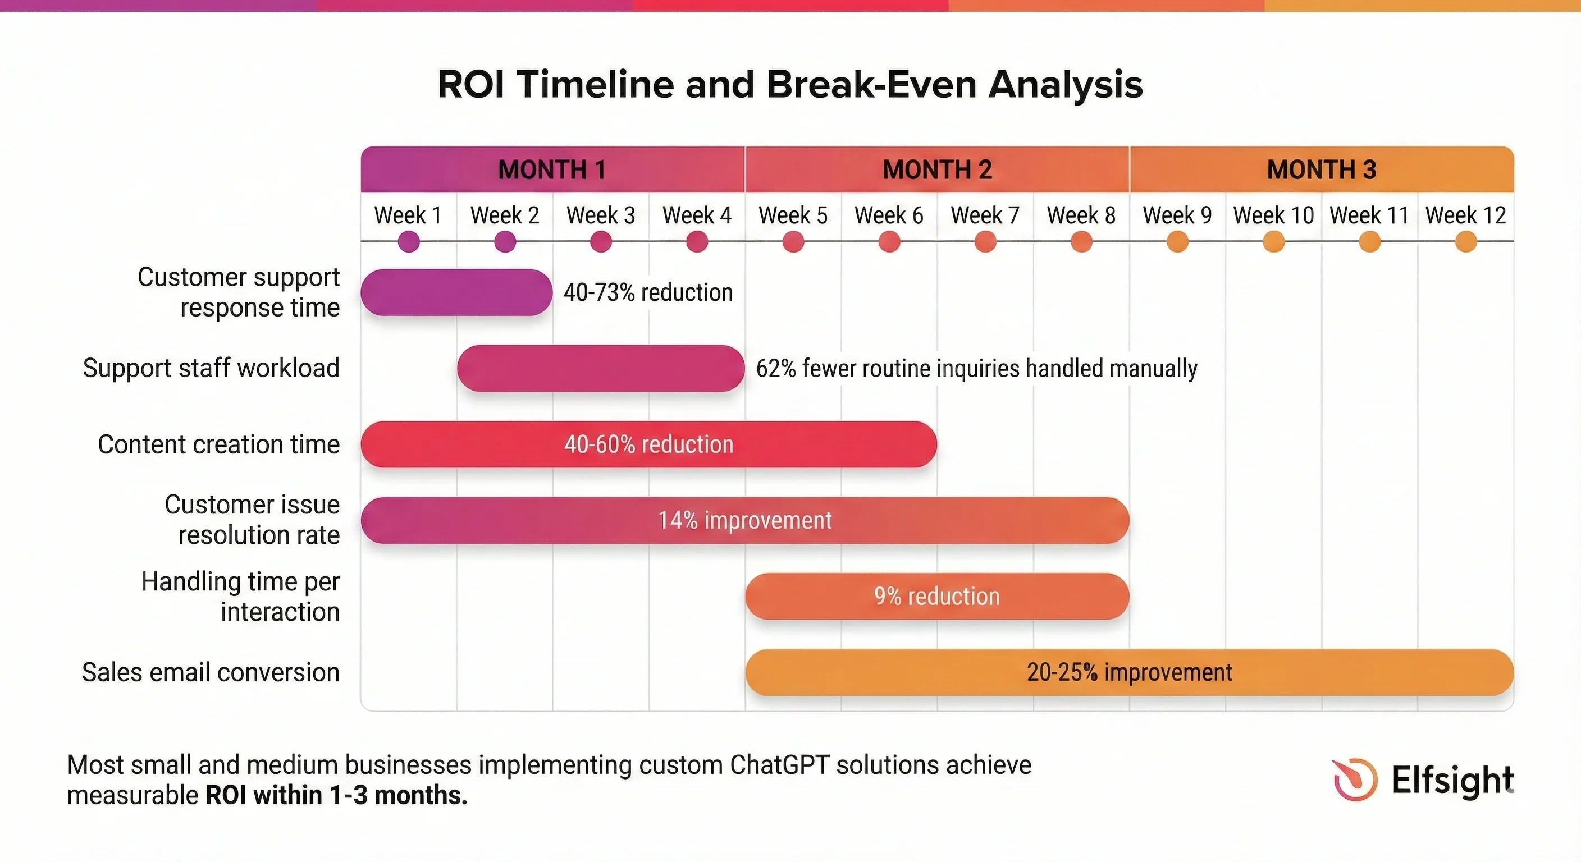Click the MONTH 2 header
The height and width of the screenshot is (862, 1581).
point(937,170)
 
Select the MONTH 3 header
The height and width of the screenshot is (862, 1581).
point(1322,170)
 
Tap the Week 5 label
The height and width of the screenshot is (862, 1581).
point(793,215)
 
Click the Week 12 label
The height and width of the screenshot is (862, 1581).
point(1465,215)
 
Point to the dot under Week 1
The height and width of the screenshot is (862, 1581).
point(409,242)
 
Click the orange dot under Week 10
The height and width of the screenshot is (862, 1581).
point(1273,242)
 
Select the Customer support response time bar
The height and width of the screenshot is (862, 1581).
point(456,292)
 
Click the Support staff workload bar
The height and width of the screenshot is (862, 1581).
point(600,368)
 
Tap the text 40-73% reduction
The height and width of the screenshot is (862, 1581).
point(648,292)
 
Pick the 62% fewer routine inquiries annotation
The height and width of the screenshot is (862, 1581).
point(976,369)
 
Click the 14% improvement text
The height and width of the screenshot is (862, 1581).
point(745,520)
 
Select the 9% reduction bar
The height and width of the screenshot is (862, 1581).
point(937,597)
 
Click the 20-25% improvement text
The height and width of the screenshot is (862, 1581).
point(1129,672)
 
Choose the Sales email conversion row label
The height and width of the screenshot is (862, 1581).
point(211,672)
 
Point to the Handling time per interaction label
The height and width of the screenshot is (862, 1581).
point(241,597)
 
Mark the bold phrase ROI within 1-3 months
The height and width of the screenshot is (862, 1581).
point(336,795)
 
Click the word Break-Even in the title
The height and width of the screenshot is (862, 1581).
point(871,84)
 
